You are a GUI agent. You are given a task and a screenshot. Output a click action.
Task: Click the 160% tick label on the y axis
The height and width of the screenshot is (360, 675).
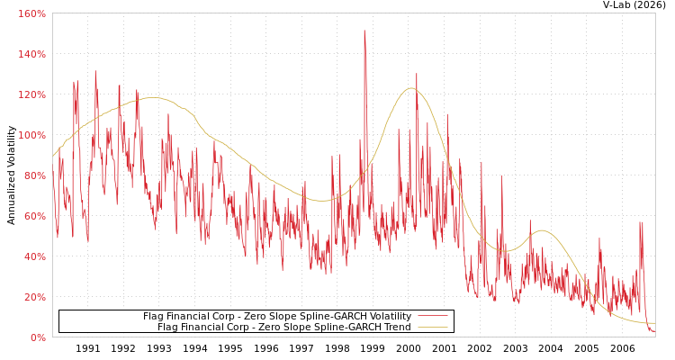pyautogui.click(x=31, y=14)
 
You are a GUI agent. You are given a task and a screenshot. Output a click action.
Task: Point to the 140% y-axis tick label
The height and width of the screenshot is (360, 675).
pyautogui.click(x=31, y=55)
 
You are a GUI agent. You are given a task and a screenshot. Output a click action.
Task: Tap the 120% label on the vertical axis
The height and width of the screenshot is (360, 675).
pyautogui.click(x=31, y=95)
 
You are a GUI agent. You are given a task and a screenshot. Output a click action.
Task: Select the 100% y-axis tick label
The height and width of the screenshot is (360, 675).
pyautogui.click(x=31, y=136)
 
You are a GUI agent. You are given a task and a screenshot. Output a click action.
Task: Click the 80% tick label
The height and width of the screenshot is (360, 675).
pyautogui.click(x=34, y=176)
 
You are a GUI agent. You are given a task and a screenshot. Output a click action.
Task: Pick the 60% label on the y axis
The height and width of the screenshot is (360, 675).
pyautogui.click(x=34, y=217)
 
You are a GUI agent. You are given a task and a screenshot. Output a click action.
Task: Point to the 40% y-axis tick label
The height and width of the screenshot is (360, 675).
pyautogui.click(x=34, y=257)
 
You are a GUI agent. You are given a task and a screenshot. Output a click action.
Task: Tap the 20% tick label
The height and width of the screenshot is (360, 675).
pyautogui.click(x=34, y=298)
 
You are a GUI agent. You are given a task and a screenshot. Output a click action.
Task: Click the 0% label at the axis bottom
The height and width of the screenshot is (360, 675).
pyautogui.click(x=38, y=338)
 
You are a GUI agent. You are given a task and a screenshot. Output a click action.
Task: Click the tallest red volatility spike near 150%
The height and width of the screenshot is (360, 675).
pyautogui.click(x=364, y=31)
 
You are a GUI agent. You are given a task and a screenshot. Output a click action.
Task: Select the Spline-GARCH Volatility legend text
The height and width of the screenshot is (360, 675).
pyautogui.click(x=277, y=317)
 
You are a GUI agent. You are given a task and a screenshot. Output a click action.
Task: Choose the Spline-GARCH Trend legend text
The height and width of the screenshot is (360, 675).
pyautogui.click(x=284, y=328)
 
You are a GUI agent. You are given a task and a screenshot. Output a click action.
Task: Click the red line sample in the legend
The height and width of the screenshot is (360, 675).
pyautogui.click(x=432, y=317)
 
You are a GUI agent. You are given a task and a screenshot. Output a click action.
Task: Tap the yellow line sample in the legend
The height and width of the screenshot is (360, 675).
pyautogui.click(x=432, y=328)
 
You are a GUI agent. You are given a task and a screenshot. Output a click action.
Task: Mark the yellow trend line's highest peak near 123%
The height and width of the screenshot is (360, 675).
pyautogui.click(x=411, y=88)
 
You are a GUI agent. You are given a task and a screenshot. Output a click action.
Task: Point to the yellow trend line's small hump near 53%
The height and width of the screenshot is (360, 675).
pyautogui.click(x=541, y=230)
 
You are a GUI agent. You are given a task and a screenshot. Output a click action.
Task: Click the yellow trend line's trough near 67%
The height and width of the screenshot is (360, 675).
pyautogui.click(x=322, y=201)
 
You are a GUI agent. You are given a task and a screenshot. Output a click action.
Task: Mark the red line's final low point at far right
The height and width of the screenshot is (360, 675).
pyautogui.click(x=652, y=332)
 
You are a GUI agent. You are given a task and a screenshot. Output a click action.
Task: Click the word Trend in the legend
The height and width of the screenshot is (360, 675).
pyautogui.click(x=396, y=328)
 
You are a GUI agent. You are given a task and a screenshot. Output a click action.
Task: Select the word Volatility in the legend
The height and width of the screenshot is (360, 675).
pyautogui.click(x=388, y=317)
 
